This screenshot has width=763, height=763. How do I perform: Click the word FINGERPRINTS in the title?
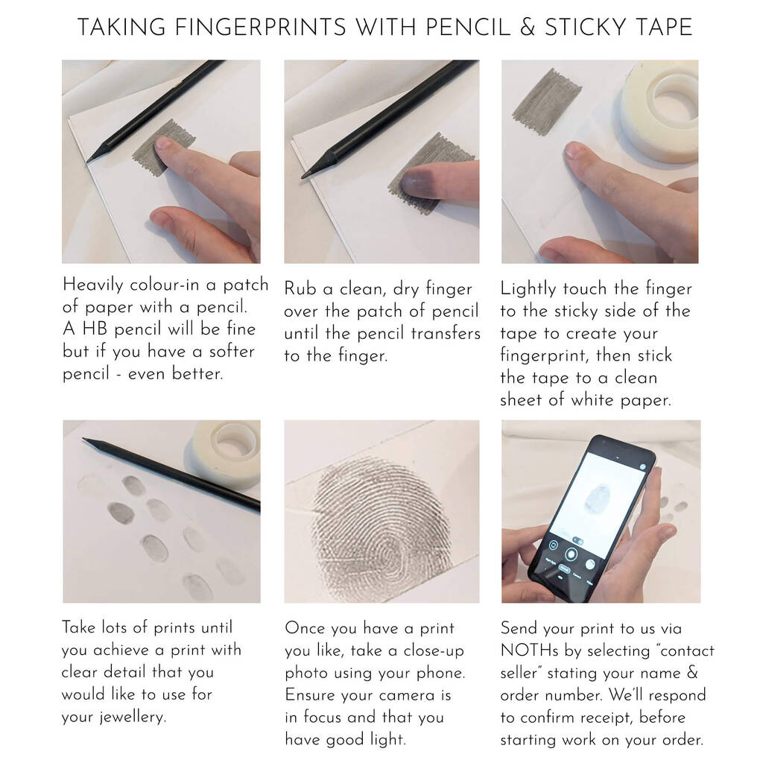260,28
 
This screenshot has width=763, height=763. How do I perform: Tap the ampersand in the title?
528,28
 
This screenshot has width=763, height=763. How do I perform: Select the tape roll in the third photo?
661,111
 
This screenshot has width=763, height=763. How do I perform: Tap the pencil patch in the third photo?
547,101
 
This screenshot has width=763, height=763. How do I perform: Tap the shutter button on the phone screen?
571,554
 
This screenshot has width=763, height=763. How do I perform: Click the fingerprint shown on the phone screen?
597,498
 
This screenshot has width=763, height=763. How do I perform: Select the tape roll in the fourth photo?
227,454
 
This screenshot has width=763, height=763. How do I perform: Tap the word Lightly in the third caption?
528,289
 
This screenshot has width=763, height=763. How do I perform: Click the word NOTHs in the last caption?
530,650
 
